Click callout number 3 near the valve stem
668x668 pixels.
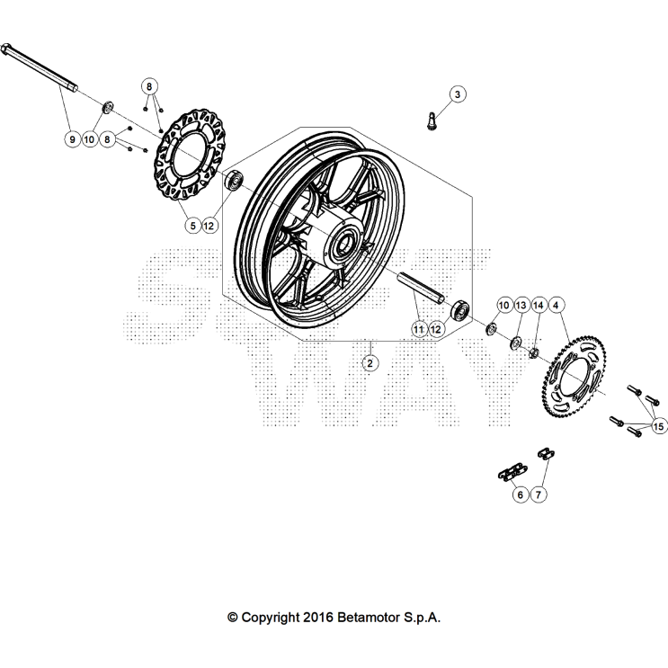coord(456,94)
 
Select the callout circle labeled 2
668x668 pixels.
coord(369,362)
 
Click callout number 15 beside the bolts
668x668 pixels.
coord(658,425)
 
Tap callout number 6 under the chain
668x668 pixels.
coord(519,494)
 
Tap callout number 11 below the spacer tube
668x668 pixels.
coord(418,329)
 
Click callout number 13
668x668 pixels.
coord(521,306)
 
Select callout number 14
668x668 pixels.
coord(539,306)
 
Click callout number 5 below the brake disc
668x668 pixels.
coord(191,226)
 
